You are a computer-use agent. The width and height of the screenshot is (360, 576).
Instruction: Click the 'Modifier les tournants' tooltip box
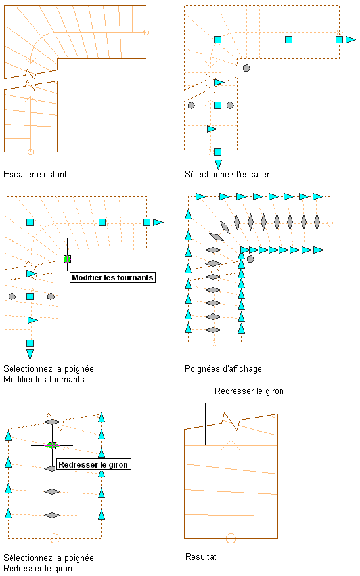click(x=112, y=277)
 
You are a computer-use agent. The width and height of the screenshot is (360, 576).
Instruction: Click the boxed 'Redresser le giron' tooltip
click(x=94, y=464)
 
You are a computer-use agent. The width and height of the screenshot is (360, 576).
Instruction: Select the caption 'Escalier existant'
click(x=35, y=175)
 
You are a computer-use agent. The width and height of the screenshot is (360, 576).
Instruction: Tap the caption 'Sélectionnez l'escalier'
click(x=227, y=175)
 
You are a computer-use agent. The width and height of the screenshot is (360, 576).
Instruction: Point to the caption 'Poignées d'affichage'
click(x=223, y=369)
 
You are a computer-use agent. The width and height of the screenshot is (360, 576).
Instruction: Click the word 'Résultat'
click(x=201, y=556)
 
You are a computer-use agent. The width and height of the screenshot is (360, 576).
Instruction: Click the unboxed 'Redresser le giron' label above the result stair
click(x=249, y=391)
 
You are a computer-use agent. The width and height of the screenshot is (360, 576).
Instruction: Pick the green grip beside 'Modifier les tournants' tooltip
click(x=67, y=259)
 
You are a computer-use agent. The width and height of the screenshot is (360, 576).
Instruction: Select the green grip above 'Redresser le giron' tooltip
click(x=52, y=445)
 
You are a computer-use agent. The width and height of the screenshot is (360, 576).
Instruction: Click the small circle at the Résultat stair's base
click(x=231, y=538)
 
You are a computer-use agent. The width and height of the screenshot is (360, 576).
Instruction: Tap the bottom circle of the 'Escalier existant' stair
click(x=30, y=152)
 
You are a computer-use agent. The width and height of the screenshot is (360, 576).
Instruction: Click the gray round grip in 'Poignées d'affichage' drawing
click(x=250, y=259)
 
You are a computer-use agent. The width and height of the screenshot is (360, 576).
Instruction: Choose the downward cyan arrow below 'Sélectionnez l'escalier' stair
click(x=218, y=164)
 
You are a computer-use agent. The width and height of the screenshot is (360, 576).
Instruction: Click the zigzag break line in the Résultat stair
click(x=231, y=422)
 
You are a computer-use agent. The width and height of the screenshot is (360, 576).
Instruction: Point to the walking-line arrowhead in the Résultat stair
click(x=231, y=445)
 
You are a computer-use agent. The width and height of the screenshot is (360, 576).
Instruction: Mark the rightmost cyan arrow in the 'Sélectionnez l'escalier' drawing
click(x=350, y=39)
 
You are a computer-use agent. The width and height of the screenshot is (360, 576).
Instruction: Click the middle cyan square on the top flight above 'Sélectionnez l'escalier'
click(x=289, y=39)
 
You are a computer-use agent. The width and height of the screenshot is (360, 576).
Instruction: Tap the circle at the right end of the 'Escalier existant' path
click(x=146, y=32)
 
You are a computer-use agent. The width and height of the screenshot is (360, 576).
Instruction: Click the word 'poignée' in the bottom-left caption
click(x=79, y=558)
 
